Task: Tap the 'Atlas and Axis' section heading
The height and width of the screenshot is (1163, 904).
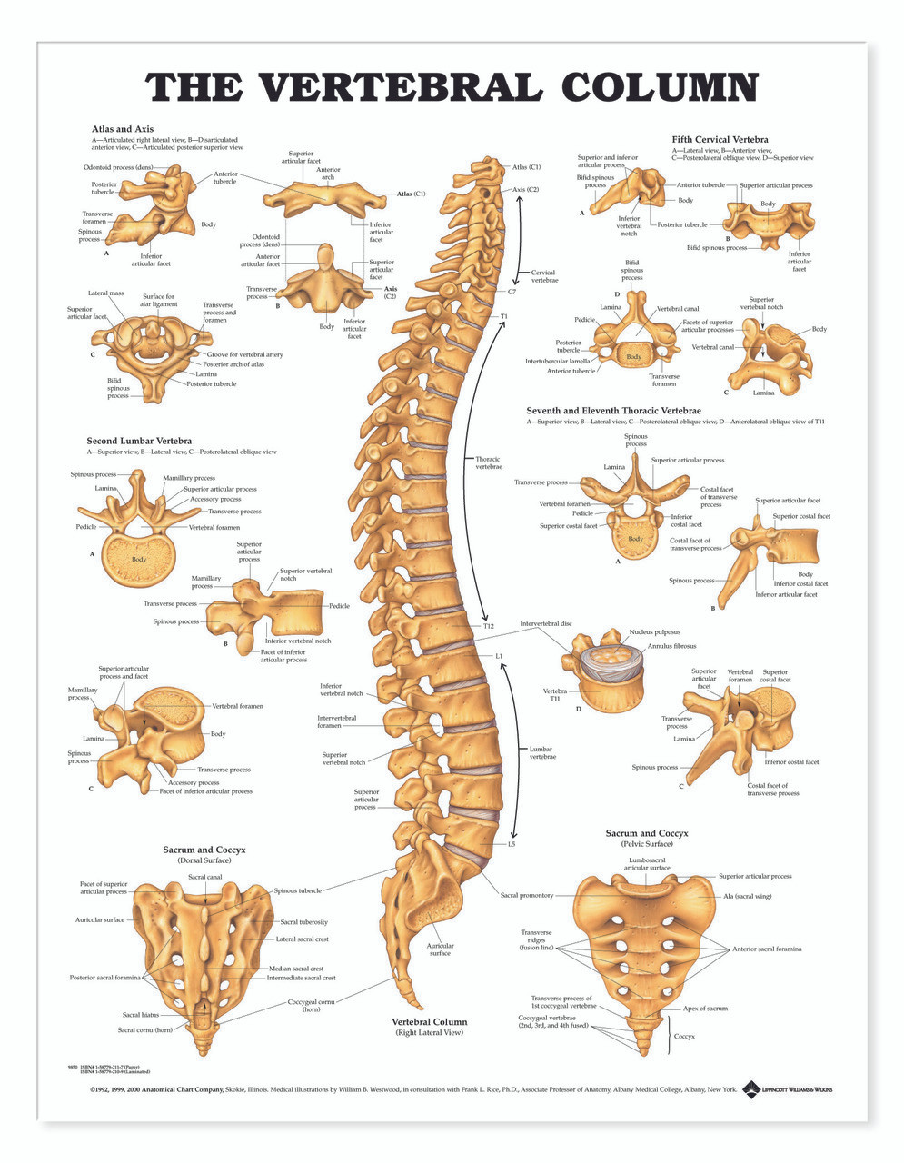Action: [122, 129]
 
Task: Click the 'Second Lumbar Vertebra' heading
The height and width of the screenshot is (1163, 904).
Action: [139, 441]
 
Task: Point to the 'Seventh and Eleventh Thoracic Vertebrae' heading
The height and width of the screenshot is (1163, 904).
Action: [613, 411]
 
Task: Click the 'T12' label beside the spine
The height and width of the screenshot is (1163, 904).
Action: [488, 626]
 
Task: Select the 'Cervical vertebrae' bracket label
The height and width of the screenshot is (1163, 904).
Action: [543, 276]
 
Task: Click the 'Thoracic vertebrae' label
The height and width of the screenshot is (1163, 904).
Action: [488, 462]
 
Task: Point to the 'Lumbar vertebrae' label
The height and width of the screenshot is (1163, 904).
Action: [542, 752]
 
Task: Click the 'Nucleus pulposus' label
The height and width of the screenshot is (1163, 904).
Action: [654, 631]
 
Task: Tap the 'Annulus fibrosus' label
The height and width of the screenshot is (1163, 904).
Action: [671, 646]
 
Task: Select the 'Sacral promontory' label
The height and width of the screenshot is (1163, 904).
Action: [526, 895]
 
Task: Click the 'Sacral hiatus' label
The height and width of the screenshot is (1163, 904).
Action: [142, 1015]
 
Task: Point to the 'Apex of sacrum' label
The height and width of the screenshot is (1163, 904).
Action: [705, 1009]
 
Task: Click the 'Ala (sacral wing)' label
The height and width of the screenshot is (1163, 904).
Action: [747, 896]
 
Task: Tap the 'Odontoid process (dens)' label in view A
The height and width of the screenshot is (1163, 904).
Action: [118, 167]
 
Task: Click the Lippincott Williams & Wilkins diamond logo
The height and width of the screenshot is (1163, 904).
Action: [750, 1088]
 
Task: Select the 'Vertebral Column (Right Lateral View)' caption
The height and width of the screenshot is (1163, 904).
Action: [429, 1027]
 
